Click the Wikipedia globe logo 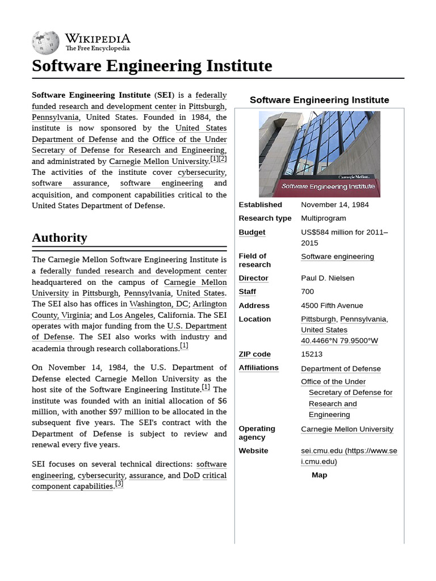45,42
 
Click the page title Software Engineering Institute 152,66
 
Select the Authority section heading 60,237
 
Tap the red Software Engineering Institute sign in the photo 328,186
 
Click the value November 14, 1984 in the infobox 334,205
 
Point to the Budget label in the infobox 251,232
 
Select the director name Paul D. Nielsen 327,278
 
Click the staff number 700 307,292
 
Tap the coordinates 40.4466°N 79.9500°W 339,340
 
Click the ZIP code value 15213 311,354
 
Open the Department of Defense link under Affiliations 341,369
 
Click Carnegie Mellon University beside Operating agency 346,429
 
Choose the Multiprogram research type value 323,218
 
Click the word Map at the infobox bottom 319,475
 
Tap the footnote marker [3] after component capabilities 119,484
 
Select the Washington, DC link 158,304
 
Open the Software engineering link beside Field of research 337,256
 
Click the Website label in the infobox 253,451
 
